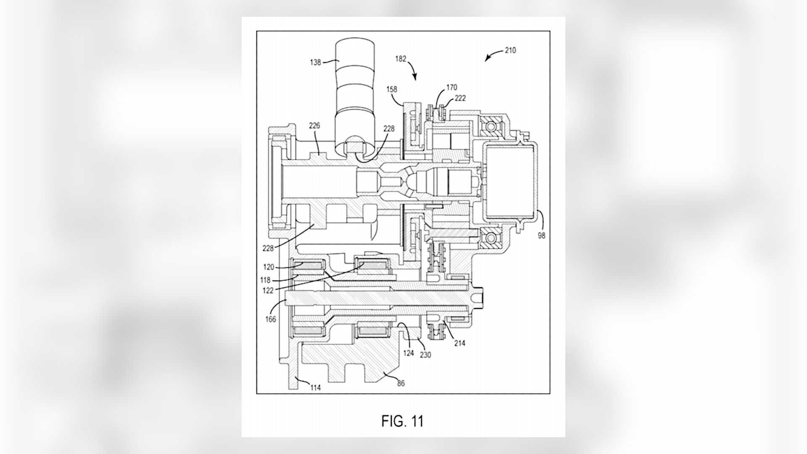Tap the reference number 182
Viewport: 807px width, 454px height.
(x=401, y=59)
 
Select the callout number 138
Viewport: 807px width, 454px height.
(x=315, y=62)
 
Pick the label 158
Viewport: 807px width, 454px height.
(x=391, y=89)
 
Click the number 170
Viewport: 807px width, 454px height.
(x=452, y=87)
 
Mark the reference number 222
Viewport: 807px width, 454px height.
(x=460, y=98)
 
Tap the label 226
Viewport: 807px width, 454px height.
(x=314, y=125)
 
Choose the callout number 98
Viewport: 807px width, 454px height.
(x=541, y=236)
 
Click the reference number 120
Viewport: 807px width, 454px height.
(x=269, y=267)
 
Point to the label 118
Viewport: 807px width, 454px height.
(x=266, y=280)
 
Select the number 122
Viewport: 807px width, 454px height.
(x=268, y=290)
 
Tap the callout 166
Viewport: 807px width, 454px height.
(x=271, y=319)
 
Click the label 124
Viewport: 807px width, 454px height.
(x=409, y=353)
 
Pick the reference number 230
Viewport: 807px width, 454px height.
(x=425, y=355)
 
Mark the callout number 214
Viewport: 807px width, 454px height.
(x=460, y=343)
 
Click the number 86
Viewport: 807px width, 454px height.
(x=401, y=383)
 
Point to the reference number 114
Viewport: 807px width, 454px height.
(x=315, y=388)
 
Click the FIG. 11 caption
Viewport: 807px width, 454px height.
(x=402, y=421)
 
